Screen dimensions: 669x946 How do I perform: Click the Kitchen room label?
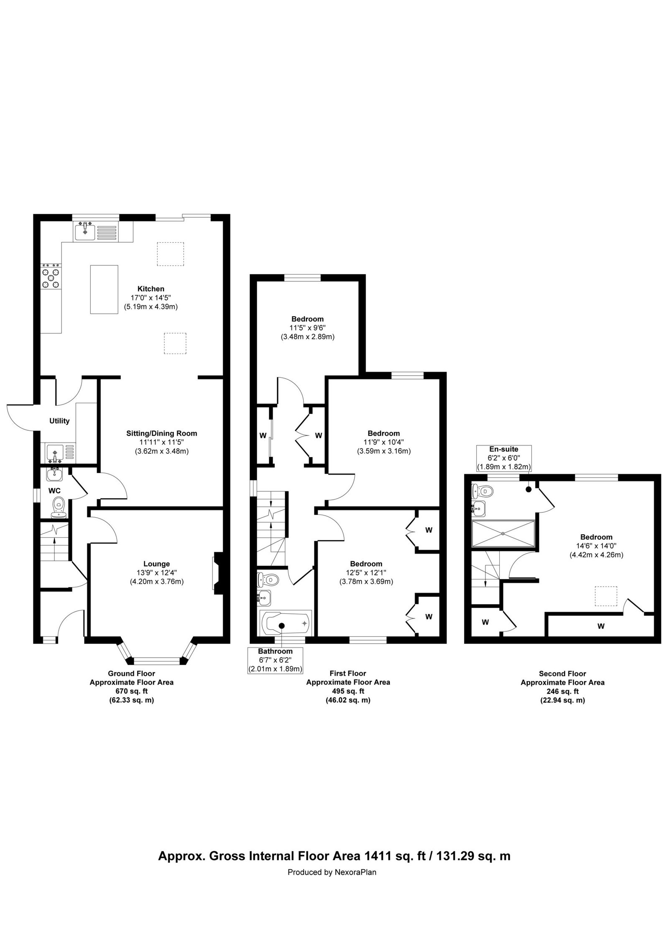151,289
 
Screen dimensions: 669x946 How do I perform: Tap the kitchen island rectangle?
104,289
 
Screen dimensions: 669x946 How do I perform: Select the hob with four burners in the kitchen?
51,276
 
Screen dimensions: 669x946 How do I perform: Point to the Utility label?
59,421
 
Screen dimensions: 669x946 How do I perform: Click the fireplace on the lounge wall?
219,572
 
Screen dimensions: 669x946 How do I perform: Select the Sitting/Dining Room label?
161,433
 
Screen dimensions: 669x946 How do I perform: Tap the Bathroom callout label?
275,651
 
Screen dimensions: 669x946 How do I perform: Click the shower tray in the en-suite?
503,534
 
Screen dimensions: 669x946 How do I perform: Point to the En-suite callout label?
504,449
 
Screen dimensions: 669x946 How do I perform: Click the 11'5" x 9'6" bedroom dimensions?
307,328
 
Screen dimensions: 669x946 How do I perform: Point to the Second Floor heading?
562,674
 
